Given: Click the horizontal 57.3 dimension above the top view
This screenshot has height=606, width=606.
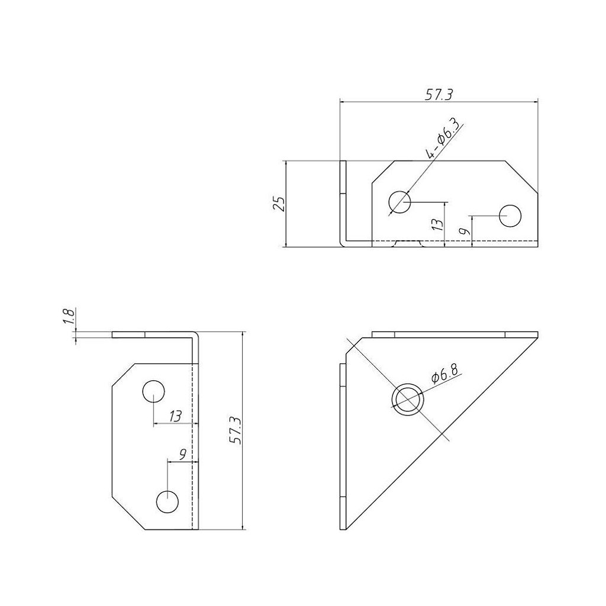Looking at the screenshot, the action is click(439, 95).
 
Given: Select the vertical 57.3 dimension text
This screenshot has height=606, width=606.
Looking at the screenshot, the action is click(235, 431).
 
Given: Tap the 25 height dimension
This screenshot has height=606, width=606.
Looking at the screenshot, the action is click(279, 204).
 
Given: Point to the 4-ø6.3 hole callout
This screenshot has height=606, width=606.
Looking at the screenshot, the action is click(443, 140).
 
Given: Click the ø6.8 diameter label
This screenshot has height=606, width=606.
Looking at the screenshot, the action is click(444, 373).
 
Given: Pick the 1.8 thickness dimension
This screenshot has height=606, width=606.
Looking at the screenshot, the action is click(69, 317).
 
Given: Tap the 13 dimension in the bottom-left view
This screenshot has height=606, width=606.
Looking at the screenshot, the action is click(175, 416).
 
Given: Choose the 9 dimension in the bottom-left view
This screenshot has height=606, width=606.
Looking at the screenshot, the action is click(183, 453).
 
